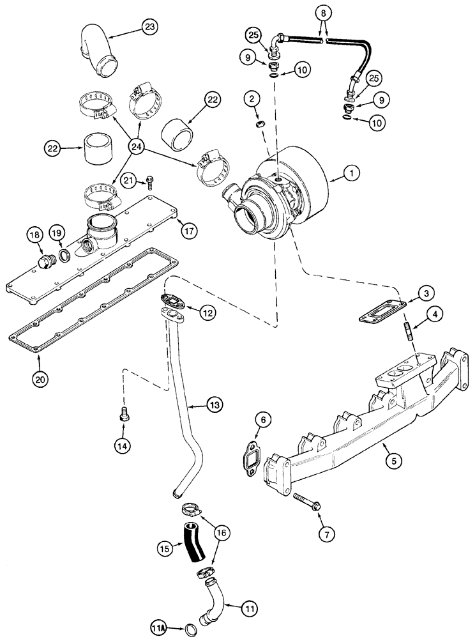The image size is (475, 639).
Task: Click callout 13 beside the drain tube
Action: coord(215,405)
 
